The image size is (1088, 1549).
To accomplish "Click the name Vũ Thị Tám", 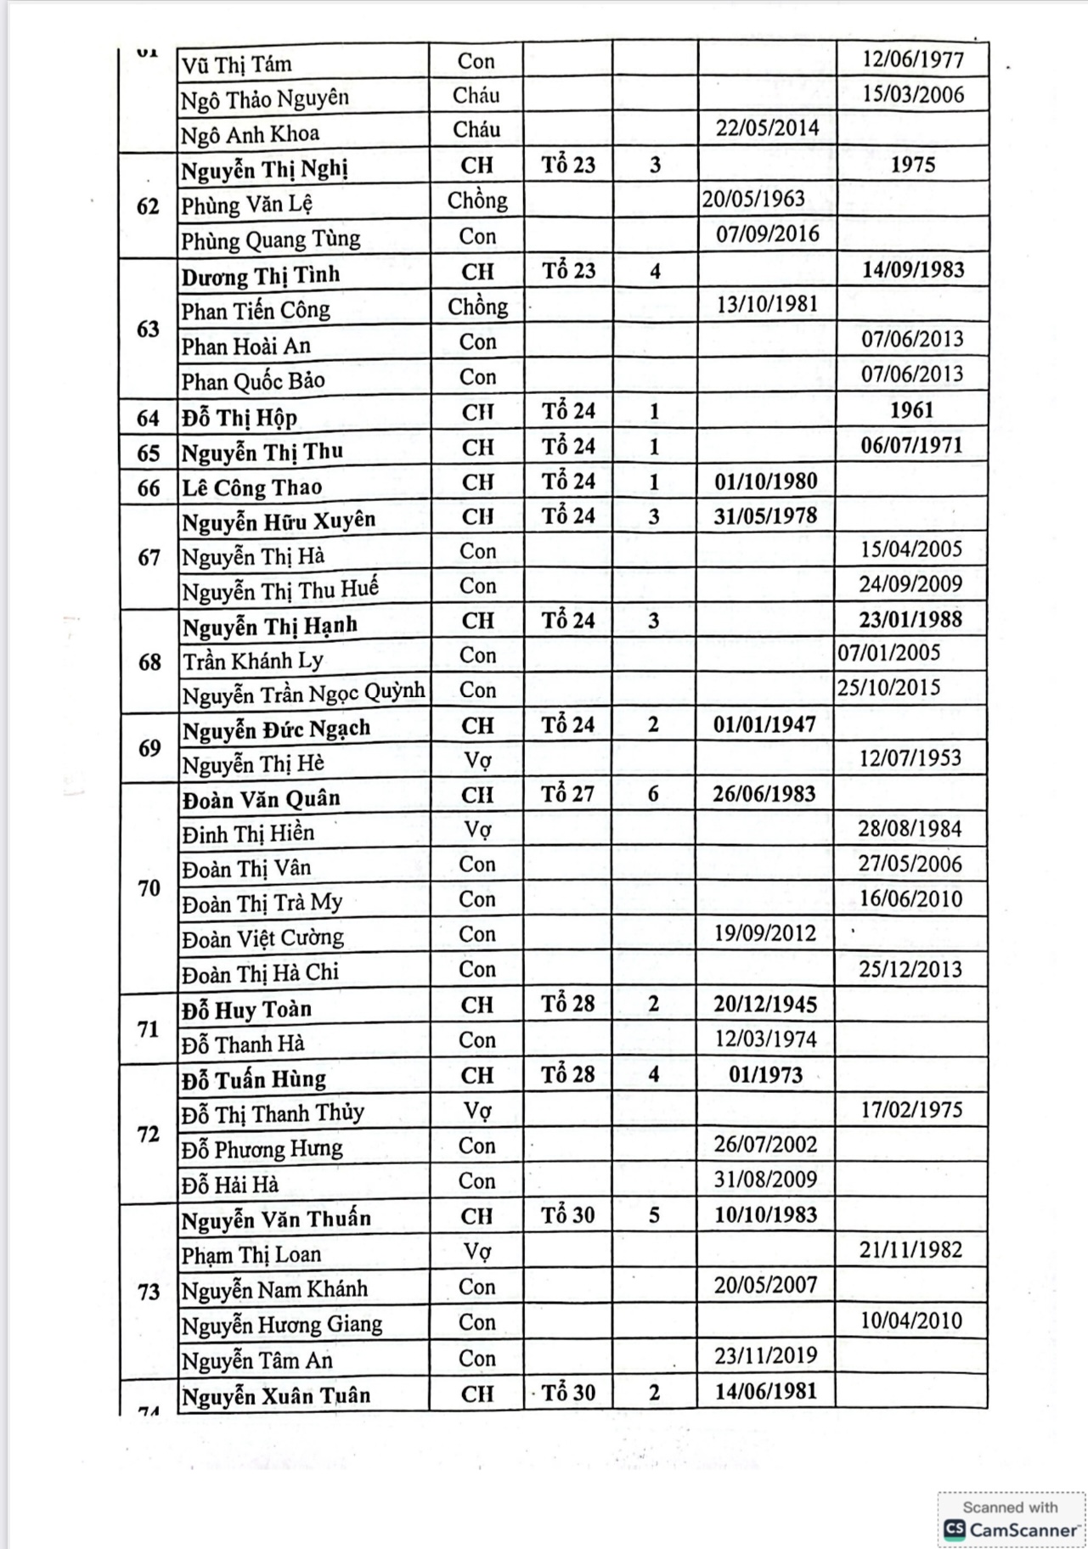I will click(236, 65).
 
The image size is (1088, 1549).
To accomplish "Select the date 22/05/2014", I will click(767, 128).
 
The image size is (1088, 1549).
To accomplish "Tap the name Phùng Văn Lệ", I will click(246, 205).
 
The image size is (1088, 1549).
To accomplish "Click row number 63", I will click(148, 329).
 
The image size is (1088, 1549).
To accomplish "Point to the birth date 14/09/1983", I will click(912, 270).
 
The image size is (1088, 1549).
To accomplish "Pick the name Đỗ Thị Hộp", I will click(239, 418).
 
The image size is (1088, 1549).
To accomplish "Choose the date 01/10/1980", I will click(765, 482).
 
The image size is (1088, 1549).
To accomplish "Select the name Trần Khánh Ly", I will click(252, 661).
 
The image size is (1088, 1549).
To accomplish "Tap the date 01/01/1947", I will click(764, 724).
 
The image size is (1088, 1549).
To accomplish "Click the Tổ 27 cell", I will click(568, 794).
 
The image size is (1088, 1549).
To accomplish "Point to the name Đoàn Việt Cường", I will click(262, 938).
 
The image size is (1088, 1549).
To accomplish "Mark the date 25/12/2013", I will click(910, 969).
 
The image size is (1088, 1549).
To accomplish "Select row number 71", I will click(148, 1029).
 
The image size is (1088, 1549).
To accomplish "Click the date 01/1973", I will click(765, 1075).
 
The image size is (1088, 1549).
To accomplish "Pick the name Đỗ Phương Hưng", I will click(262, 1149).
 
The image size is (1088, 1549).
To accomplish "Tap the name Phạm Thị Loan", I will click(251, 1254).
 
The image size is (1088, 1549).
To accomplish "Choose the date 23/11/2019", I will click(765, 1355).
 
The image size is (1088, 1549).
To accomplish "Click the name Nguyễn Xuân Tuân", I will click(276, 1396).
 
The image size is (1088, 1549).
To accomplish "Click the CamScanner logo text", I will click(1023, 1529).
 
